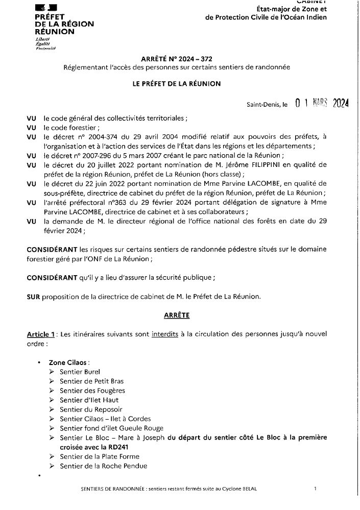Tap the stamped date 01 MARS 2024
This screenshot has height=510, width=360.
[322, 104]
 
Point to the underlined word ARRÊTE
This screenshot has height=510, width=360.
[177, 315]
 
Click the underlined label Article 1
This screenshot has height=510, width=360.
[41, 334]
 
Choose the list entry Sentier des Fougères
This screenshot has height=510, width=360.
[85, 391]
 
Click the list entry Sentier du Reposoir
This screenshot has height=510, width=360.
[85, 409]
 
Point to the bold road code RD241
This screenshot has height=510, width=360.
[129, 447]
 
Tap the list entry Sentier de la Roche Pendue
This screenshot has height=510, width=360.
[95, 466]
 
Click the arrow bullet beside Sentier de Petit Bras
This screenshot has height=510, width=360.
[52, 381]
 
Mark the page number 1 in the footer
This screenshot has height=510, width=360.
[315, 489]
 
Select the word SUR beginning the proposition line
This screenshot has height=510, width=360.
[33, 297]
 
